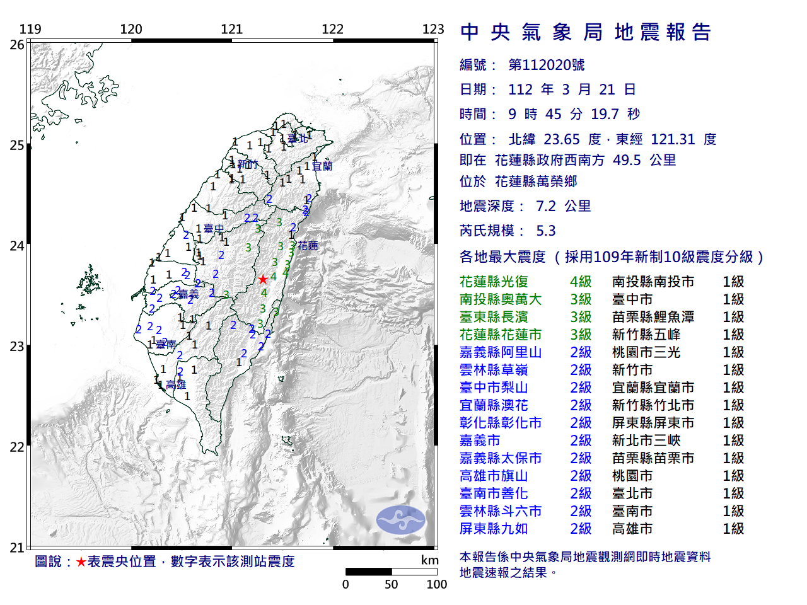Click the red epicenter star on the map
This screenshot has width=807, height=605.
pos(263,279)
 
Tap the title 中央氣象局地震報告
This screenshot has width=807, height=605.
pos(586,32)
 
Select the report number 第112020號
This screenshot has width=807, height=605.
pos(546,65)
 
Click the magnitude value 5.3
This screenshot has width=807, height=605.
pos(545,231)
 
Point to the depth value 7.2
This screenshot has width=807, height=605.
pos(545,206)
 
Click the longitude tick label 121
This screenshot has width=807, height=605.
pos(231,29)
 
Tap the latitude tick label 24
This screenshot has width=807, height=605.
pos(16,246)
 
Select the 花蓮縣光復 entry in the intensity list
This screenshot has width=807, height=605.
pos(494,282)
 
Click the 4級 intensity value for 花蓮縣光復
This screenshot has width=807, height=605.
pos(581,282)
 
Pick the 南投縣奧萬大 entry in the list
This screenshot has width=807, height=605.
pos(501,299)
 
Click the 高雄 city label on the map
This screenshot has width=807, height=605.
pos(177,384)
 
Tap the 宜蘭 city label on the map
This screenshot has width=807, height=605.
pos(322,166)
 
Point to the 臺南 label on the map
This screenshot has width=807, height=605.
pos(166,344)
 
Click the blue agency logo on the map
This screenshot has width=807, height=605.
pos(401,520)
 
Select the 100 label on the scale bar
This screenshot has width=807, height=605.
pos(436,584)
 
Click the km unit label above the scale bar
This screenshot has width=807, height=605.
pos(429,560)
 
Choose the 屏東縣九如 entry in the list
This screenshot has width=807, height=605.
pos(494,529)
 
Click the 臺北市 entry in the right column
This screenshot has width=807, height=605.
pos(632,493)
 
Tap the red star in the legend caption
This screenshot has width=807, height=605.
pos(81,562)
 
